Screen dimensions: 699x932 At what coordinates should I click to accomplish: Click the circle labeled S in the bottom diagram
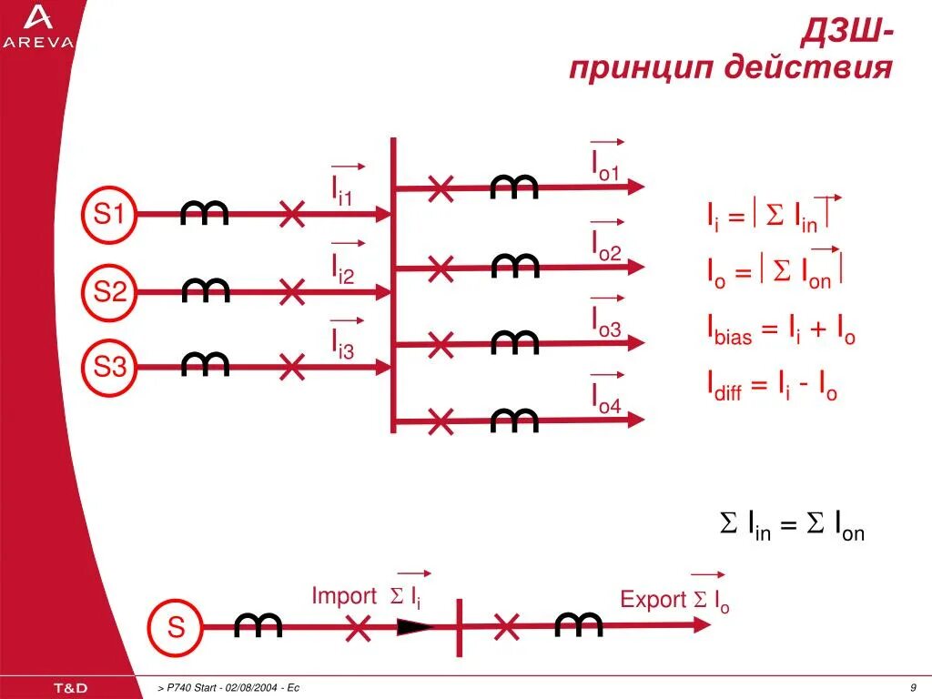tap(176, 627)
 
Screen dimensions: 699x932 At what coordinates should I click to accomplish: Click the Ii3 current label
tap(342, 343)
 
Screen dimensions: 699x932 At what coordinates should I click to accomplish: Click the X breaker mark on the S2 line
tap(292, 292)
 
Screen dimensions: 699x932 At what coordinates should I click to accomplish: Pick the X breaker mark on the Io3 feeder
tap(441, 344)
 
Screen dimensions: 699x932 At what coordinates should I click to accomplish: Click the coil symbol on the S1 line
tap(205, 214)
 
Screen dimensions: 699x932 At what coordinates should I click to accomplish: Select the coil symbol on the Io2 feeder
tap(515, 267)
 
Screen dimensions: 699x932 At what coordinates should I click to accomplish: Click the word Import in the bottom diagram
tap(343, 596)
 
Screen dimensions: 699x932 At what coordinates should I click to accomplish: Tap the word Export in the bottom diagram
tap(653, 600)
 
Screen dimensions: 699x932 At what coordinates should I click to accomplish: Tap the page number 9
tap(912, 687)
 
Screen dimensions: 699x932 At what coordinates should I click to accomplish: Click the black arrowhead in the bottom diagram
tap(416, 627)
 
